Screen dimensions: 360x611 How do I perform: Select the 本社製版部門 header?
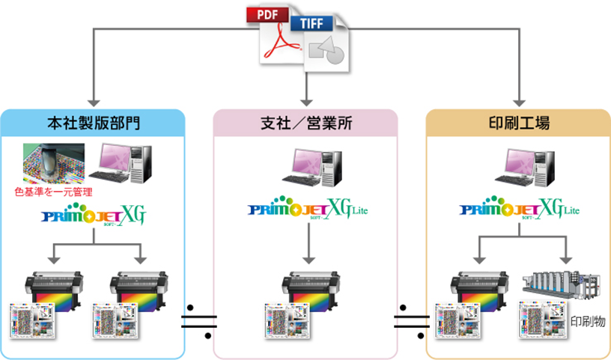point(93,122)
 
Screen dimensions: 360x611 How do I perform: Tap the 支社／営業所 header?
point(305,122)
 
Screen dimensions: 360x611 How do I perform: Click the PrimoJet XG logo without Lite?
point(93,218)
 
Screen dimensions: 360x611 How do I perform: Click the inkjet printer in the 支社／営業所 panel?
point(308,288)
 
